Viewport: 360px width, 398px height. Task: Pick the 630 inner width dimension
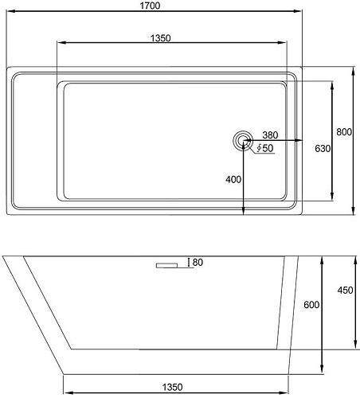pos(322,148)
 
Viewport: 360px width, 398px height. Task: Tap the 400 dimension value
pos(233,180)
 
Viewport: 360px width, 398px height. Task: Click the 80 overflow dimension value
pos(198,263)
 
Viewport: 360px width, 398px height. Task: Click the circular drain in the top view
pos(241,142)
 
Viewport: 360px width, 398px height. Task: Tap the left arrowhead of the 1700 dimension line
pos(8,16)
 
